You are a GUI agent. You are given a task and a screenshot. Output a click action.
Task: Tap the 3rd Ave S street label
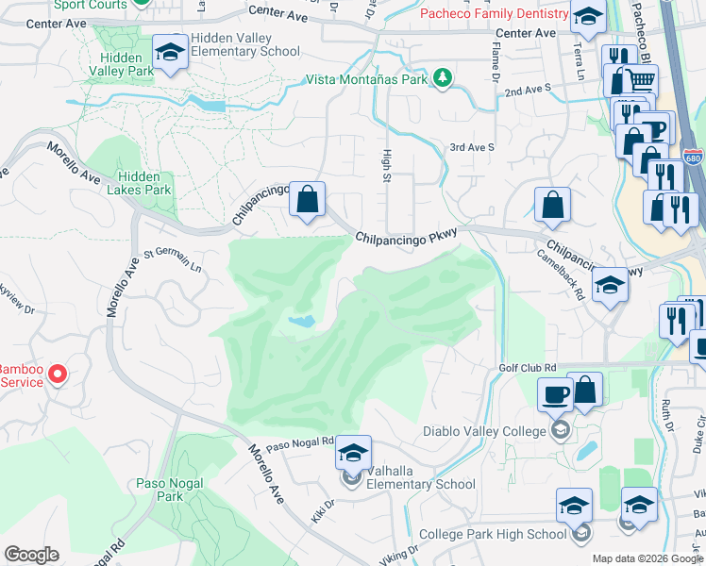471,148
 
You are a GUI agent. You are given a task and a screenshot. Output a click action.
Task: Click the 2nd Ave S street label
527,91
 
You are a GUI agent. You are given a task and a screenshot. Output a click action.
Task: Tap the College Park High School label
492,534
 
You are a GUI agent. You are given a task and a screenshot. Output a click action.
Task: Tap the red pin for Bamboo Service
58,375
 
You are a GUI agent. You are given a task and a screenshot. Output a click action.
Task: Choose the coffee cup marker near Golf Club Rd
555,392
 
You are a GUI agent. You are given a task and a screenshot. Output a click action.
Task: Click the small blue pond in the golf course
301,322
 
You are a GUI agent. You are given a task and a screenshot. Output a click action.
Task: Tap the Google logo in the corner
31,555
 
